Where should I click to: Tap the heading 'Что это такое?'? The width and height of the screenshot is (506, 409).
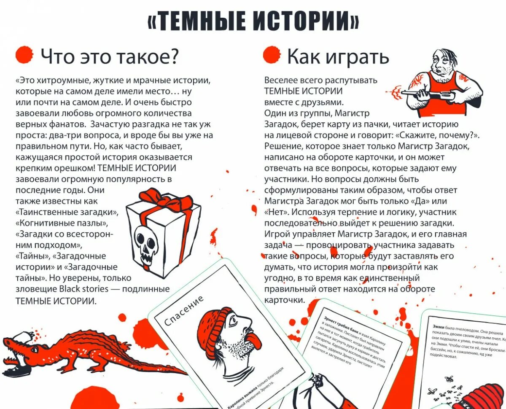110,57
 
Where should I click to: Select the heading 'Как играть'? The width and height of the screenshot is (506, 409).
337,57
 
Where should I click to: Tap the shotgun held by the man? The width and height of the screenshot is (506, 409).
426,93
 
